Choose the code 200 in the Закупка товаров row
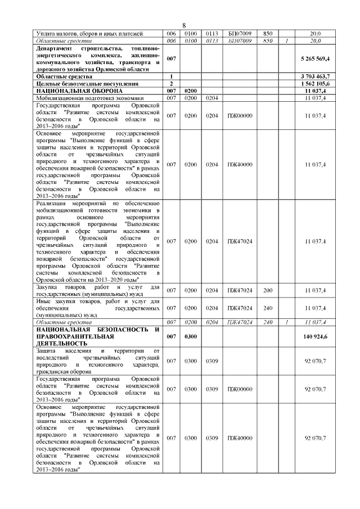(268, 290)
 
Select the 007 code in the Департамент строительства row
(171, 58)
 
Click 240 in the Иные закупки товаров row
(268, 308)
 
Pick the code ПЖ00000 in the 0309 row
(239, 389)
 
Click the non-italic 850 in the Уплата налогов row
(268, 34)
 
